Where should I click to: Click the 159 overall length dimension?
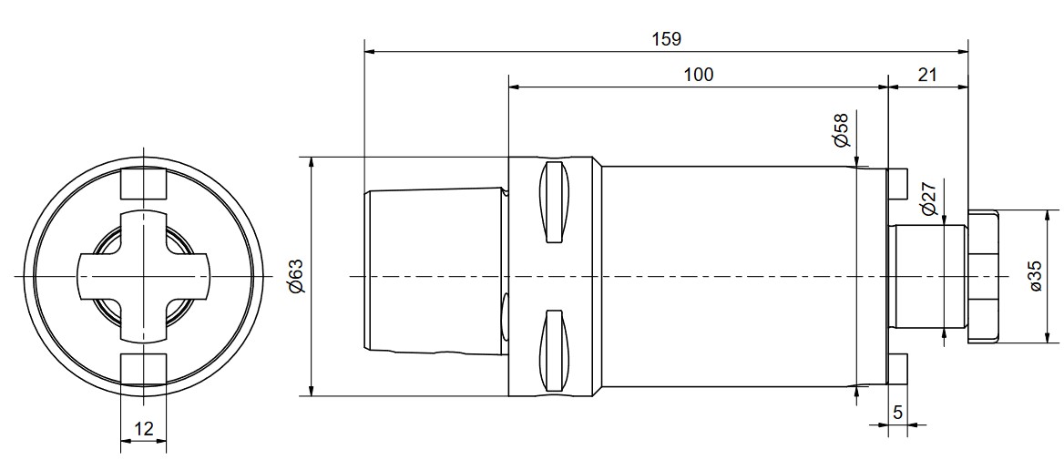666,39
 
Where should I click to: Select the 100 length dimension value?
698,75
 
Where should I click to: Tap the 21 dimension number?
927,75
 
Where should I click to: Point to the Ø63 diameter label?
296,277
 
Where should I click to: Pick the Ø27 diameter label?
928,199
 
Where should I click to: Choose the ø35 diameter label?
1036,276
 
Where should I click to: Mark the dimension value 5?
898,413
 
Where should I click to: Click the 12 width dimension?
144,429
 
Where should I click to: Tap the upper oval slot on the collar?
552,202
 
